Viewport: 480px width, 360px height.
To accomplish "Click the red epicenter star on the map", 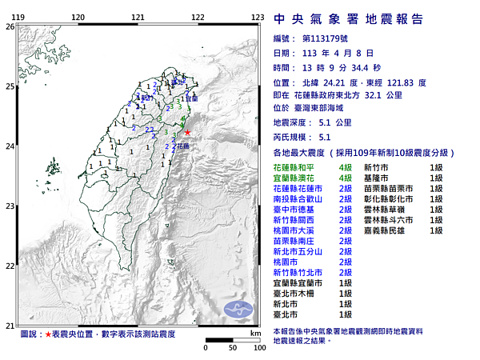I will pyautogui.click(x=187, y=133).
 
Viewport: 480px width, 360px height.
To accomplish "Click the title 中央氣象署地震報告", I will pyautogui.click(x=348, y=19).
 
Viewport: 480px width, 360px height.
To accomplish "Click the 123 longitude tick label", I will pyautogui.click(x=258, y=17).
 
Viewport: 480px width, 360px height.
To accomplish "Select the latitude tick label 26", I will pyautogui.click(x=9, y=26).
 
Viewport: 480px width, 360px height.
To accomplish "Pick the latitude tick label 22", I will pyautogui.click(x=9, y=266).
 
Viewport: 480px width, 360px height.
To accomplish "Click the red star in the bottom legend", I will pyautogui.click(x=47, y=333).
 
